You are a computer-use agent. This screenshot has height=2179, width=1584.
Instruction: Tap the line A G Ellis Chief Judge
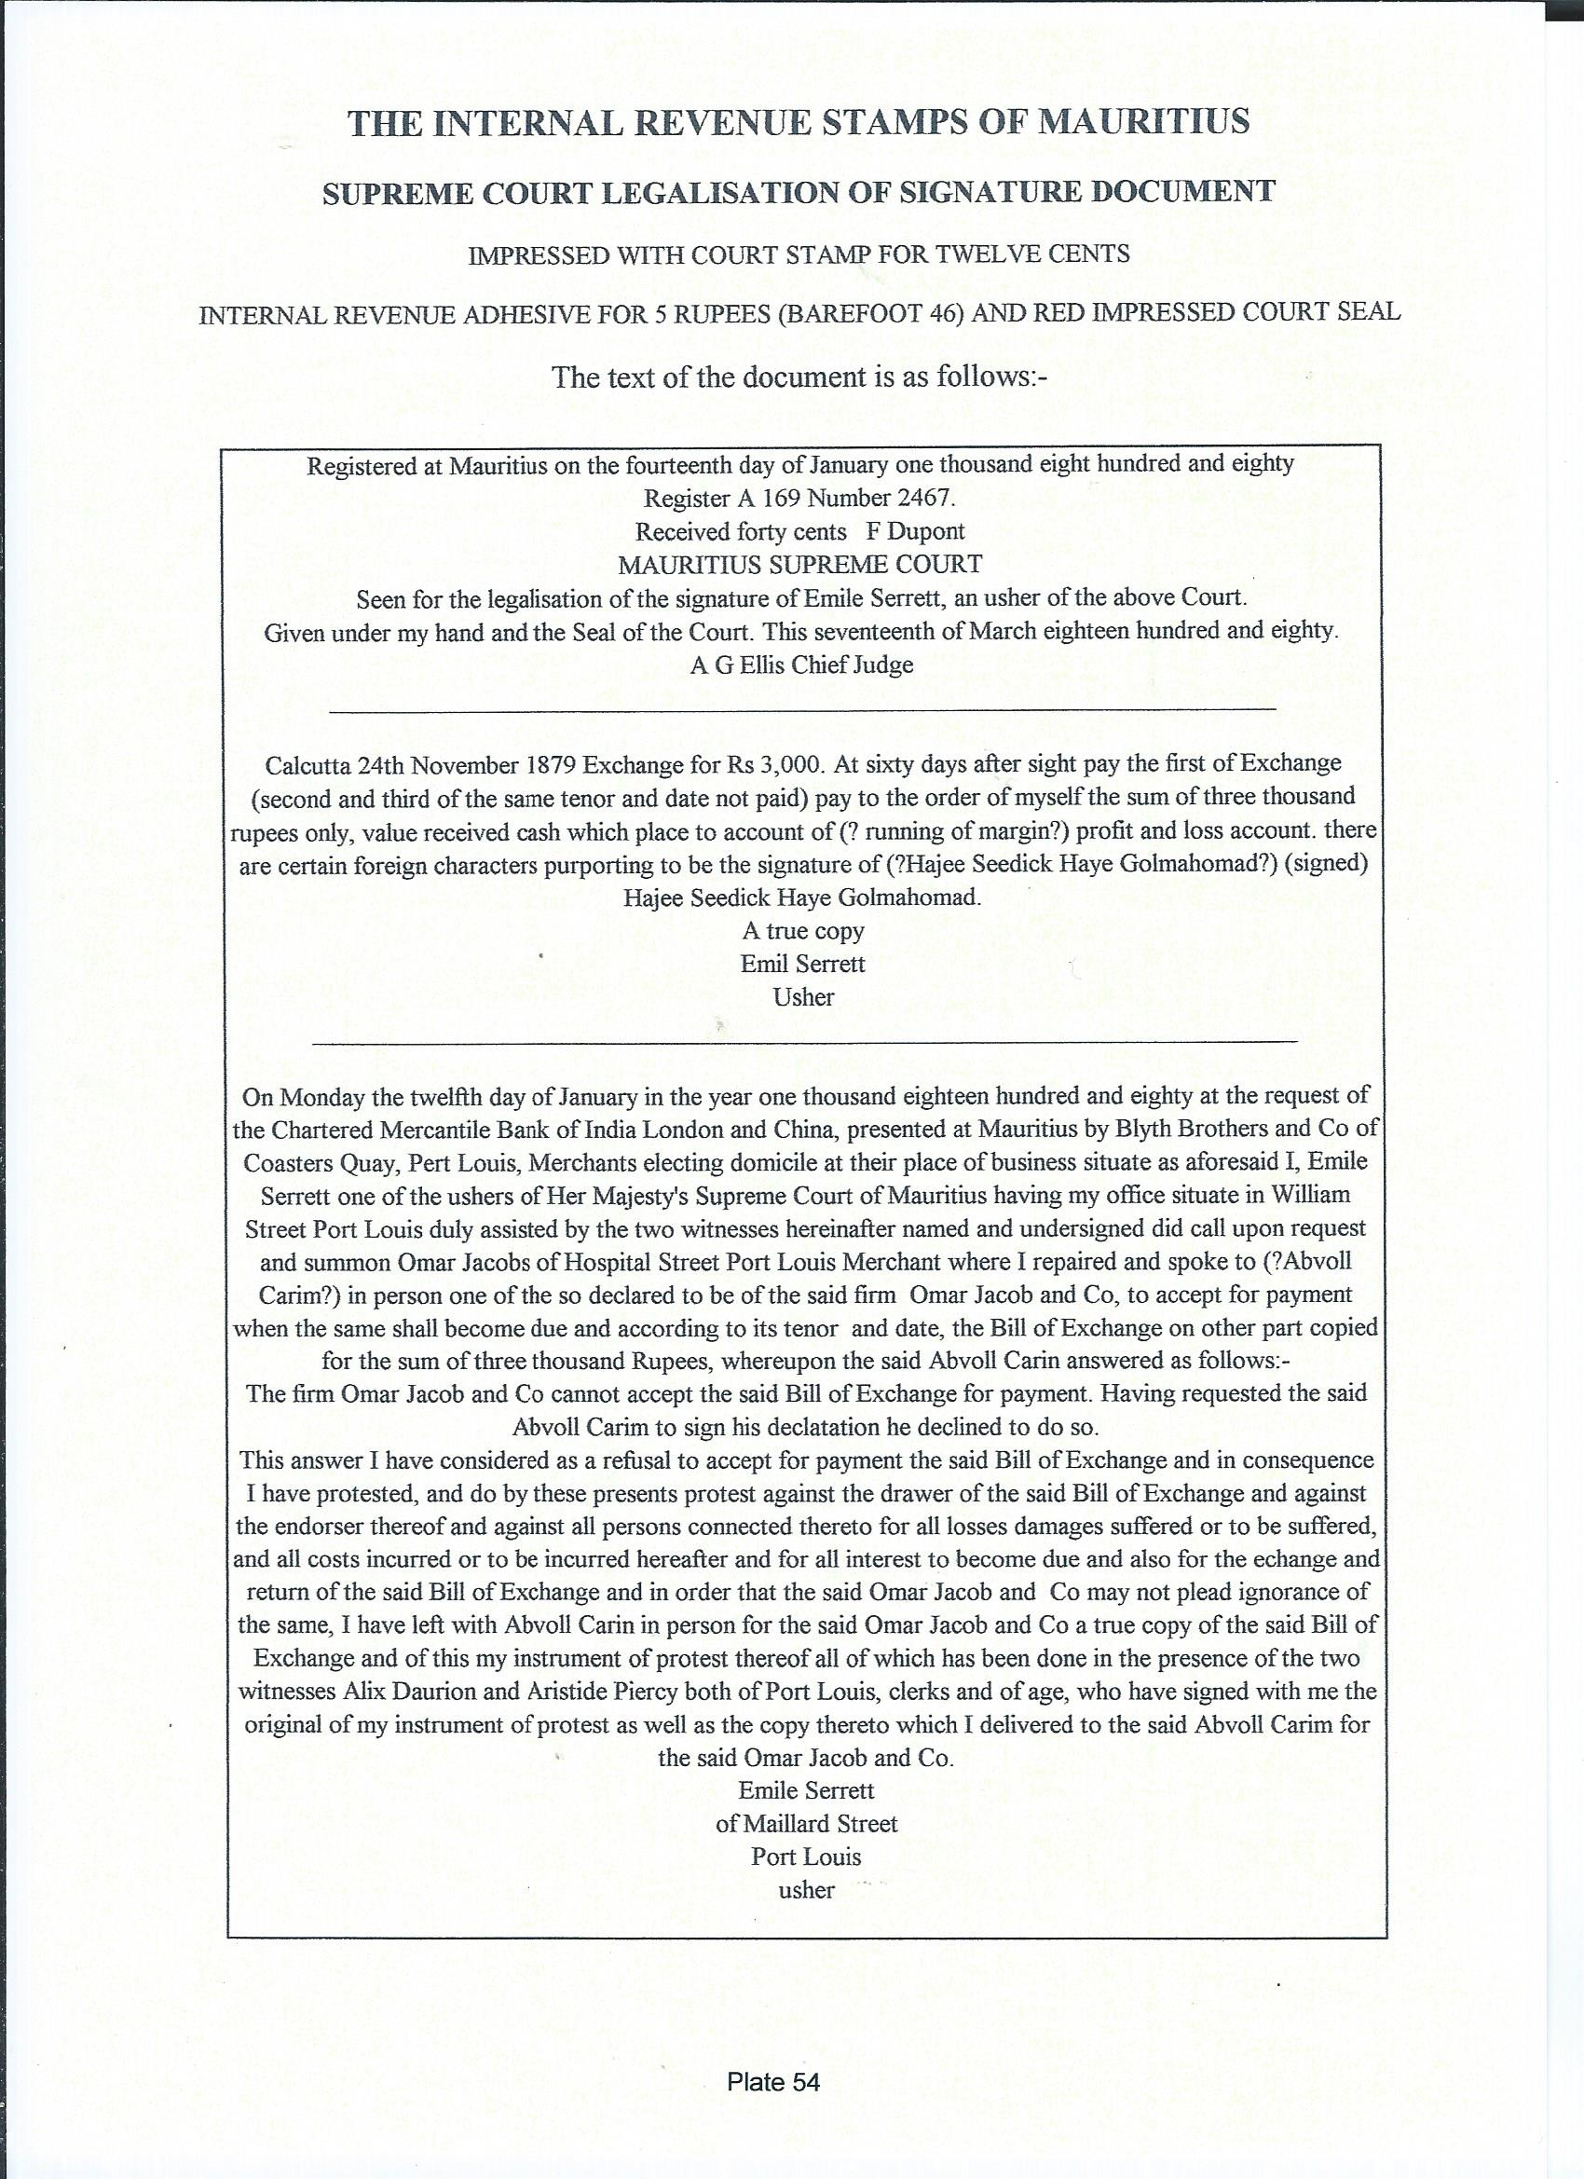pyautogui.click(x=801, y=665)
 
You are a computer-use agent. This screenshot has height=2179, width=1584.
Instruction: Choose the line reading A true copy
pyautogui.click(x=803, y=930)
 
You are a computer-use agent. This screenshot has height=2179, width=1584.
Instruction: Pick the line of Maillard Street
pyautogui.click(x=806, y=1823)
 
